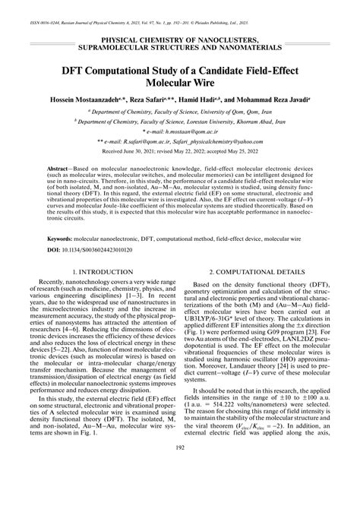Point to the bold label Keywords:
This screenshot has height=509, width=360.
click(x=62, y=238)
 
